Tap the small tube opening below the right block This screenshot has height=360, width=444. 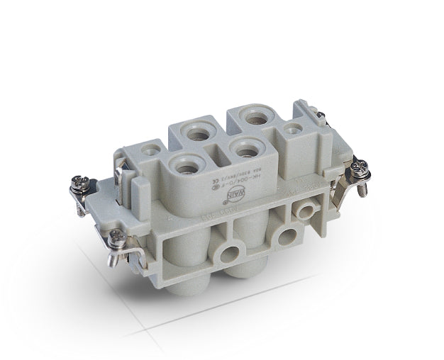(x=306, y=210)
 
